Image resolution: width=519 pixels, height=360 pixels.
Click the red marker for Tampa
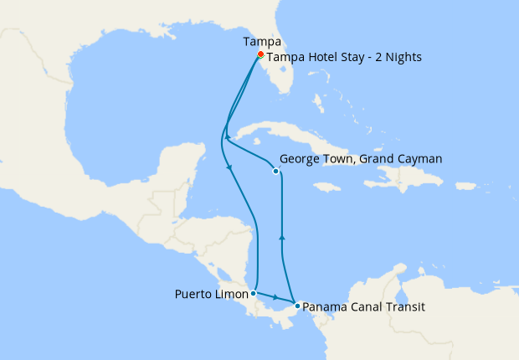click(x=260, y=54)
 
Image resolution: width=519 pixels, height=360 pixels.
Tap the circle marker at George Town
click(x=276, y=172)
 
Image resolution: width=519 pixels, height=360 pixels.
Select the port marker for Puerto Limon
click(x=253, y=293)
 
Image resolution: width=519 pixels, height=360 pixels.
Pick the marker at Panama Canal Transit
click(x=297, y=306)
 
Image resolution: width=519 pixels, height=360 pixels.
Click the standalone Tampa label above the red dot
click(x=261, y=40)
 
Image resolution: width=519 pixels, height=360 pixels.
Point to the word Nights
click(x=401, y=58)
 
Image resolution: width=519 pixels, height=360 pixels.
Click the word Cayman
click(x=419, y=158)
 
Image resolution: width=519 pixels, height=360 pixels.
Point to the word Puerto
click(x=193, y=294)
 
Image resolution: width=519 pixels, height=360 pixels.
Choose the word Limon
click(x=232, y=294)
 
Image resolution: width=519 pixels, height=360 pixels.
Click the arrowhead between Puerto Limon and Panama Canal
click(x=275, y=298)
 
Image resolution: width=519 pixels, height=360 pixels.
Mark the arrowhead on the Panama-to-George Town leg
click(x=282, y=237)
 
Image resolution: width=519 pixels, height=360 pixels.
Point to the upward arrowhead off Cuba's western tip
click(x=228, y=136)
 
